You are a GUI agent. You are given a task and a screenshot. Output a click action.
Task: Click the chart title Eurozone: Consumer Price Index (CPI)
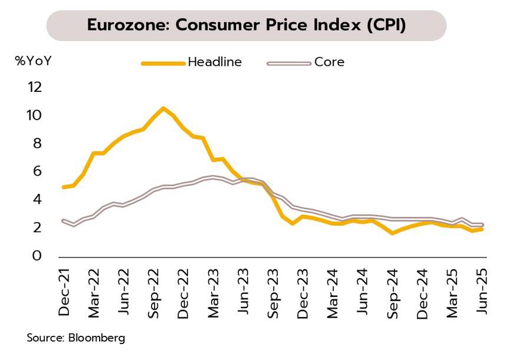pyautogui.click(x=246, y=26)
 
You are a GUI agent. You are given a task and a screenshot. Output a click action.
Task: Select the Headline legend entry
pyautogui.click(x=215, y=62)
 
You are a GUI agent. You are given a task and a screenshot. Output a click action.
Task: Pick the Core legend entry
pyautogui.click(x=329, y=62)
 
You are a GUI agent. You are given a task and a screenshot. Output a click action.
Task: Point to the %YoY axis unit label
pyautogui.click(x=33, y=60)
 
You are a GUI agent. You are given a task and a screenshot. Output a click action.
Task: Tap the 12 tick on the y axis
pyautogui.click(x=35, y=87)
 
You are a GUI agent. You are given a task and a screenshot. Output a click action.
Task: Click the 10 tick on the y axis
pyautogui.click(x=35, y=115)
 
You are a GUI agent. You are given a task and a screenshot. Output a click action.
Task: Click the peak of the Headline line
pyautogui.click(x=163, y=108)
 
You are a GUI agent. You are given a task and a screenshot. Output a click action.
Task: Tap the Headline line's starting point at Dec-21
pyautogui.click(x=63, y=187)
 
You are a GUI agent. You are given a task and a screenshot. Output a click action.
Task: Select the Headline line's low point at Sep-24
pyautogui.click(x=392, y=233)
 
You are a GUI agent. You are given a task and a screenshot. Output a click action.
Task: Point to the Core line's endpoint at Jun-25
pyautogui.click(x=482, y=224)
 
